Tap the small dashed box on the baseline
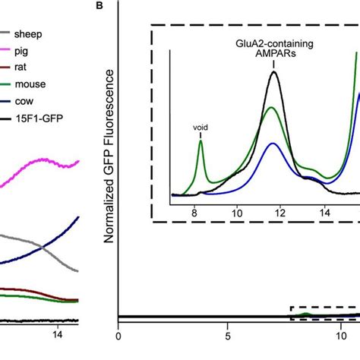[325, 312]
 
